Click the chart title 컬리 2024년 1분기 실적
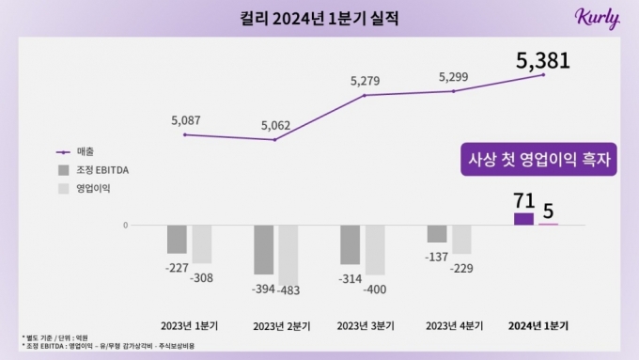pos(319,18)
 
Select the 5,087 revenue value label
pos(186,120)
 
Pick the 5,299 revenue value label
pos(453,77)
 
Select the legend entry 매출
pos(87,151)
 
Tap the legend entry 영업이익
pos(92,189)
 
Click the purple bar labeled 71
pos(523,219)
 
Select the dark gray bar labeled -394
pos(263,249)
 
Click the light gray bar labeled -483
pos(288,254)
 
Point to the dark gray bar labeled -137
pos(437,234)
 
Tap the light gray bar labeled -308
pos(201,244)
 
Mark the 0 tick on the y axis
pos(125,226)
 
